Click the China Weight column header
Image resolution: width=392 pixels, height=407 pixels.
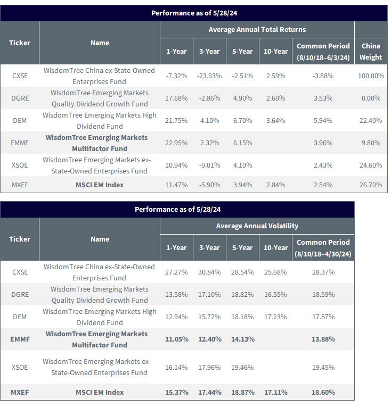[371, 52]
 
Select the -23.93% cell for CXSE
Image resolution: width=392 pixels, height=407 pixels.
[209, 76]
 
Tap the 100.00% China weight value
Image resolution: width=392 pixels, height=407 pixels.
[371, 76]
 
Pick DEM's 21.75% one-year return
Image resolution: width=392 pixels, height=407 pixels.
[176, 120]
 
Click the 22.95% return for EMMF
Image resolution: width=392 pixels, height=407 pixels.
[176, 143]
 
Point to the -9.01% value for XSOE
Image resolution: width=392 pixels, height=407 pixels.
[209, 165]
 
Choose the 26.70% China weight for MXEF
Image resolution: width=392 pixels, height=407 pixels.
[371, 185]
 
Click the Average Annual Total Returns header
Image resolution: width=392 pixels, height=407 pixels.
[257, 30]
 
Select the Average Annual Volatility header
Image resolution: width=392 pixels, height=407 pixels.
[257, 226]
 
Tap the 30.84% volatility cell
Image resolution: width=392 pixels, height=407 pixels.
[209, 272]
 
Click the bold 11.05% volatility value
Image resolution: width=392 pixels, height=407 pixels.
[177, 339]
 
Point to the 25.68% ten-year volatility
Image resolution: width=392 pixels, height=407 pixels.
[275, 272]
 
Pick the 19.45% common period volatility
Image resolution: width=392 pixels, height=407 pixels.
[323, 367]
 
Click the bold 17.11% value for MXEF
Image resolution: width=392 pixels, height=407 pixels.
[276, 392]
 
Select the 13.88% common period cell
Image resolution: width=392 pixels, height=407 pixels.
[323, 339]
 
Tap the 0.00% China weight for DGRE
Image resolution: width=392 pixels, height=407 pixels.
[371, 98]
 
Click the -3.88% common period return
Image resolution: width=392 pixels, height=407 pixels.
[323, 76]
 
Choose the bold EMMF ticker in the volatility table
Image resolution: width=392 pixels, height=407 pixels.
[20, 339]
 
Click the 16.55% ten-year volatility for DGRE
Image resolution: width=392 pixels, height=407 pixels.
[275, 294]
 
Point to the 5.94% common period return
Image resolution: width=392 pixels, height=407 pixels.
[323, 120]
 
